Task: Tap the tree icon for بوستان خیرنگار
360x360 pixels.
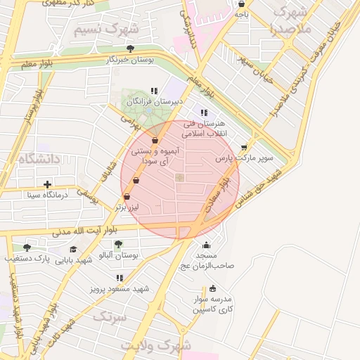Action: tap(131, 49)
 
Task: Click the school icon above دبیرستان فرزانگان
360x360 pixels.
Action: tap(154, 91)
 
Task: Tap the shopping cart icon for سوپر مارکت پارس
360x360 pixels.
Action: tap(244, 148)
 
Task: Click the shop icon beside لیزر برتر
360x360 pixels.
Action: tap(127, 198)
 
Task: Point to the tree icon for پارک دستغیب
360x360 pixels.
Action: tap(27, 247)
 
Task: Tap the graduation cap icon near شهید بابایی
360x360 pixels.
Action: tap(73, 249)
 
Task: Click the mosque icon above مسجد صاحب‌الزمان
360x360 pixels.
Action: tap(206, 245)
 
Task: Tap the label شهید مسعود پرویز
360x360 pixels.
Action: tap(118, 288)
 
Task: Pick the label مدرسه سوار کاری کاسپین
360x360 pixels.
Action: tap(213, 303)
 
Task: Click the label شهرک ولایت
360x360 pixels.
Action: tap(155, 346)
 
